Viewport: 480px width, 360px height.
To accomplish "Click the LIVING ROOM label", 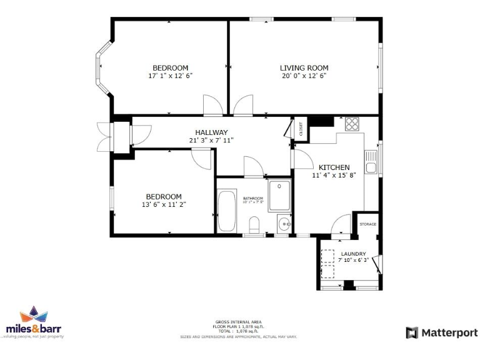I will pos(304,68).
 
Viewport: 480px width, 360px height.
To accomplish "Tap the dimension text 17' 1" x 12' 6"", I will pos(170,76).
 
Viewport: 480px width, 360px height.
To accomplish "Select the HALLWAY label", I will pos(211,132).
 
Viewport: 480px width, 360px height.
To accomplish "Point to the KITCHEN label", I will pos(334,167).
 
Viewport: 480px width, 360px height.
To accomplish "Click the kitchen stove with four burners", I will pos(352,123).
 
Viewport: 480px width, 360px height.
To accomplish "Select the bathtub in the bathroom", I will pos(226,211).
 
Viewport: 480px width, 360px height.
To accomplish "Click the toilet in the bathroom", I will pos(254,224).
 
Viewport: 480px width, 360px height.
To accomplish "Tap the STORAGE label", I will pos(367,224).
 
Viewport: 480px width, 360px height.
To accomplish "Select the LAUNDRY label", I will pos(353,254).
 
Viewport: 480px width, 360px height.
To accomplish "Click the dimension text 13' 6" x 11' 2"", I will pos(164,204).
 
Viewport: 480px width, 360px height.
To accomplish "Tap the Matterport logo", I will pos(441,332).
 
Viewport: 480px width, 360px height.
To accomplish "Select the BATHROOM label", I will pos(253,198).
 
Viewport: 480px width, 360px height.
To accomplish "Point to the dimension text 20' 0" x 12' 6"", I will pos(304,76).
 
